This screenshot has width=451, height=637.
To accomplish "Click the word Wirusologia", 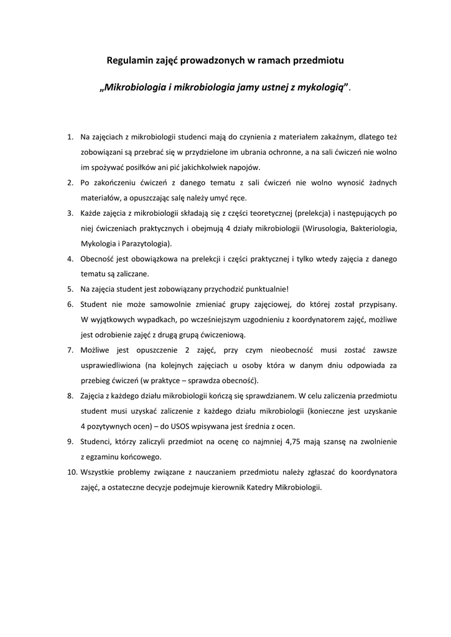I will click(x=328, y=228).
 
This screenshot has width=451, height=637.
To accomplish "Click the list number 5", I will click(x=70, y=289).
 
